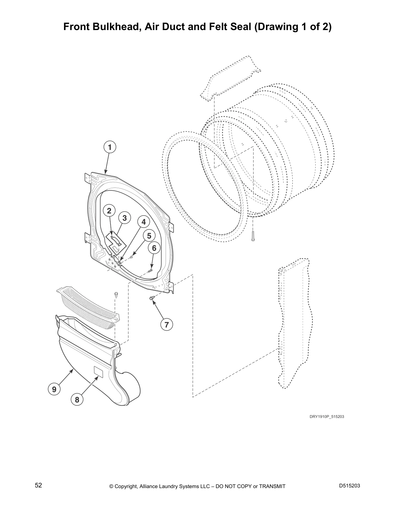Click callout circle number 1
click(x=110, y=147)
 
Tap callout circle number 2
click(x=109, y=211)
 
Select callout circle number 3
click(x=124, y=218)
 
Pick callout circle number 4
click(x=144, y=222)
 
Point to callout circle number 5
click(x=149, y=236)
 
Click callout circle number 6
click(x=154, y=248)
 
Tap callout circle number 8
click(x=77, y=400)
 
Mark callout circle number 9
click(x=54, y=389)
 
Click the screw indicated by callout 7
click(x=151, y=298)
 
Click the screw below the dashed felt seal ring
click(x=253, y=236)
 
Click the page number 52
click(x=38, y=485)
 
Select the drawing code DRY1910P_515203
click(x=327, y=416)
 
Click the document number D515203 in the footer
click(x=349, y=486)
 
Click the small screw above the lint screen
click(x=116, y=294)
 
